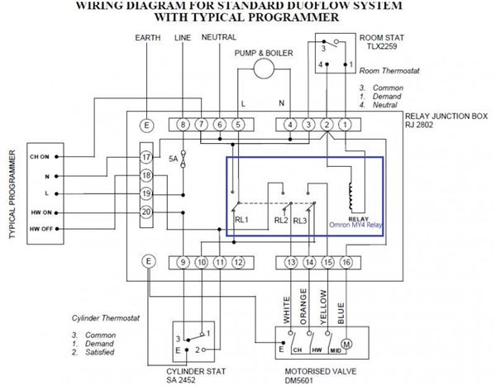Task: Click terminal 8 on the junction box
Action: point(183,124)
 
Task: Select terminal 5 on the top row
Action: point(238,124)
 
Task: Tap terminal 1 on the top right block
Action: point(345,124)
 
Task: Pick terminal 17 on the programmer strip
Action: point(147,157)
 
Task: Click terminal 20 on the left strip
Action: point(147,212)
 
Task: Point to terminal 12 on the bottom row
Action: point(238,263)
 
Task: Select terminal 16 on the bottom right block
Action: point(345,263)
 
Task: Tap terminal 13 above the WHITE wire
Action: point(290,263)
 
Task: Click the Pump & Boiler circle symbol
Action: point(263,70)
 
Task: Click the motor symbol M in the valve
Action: point(346,341)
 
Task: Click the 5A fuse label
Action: point(171,158)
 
